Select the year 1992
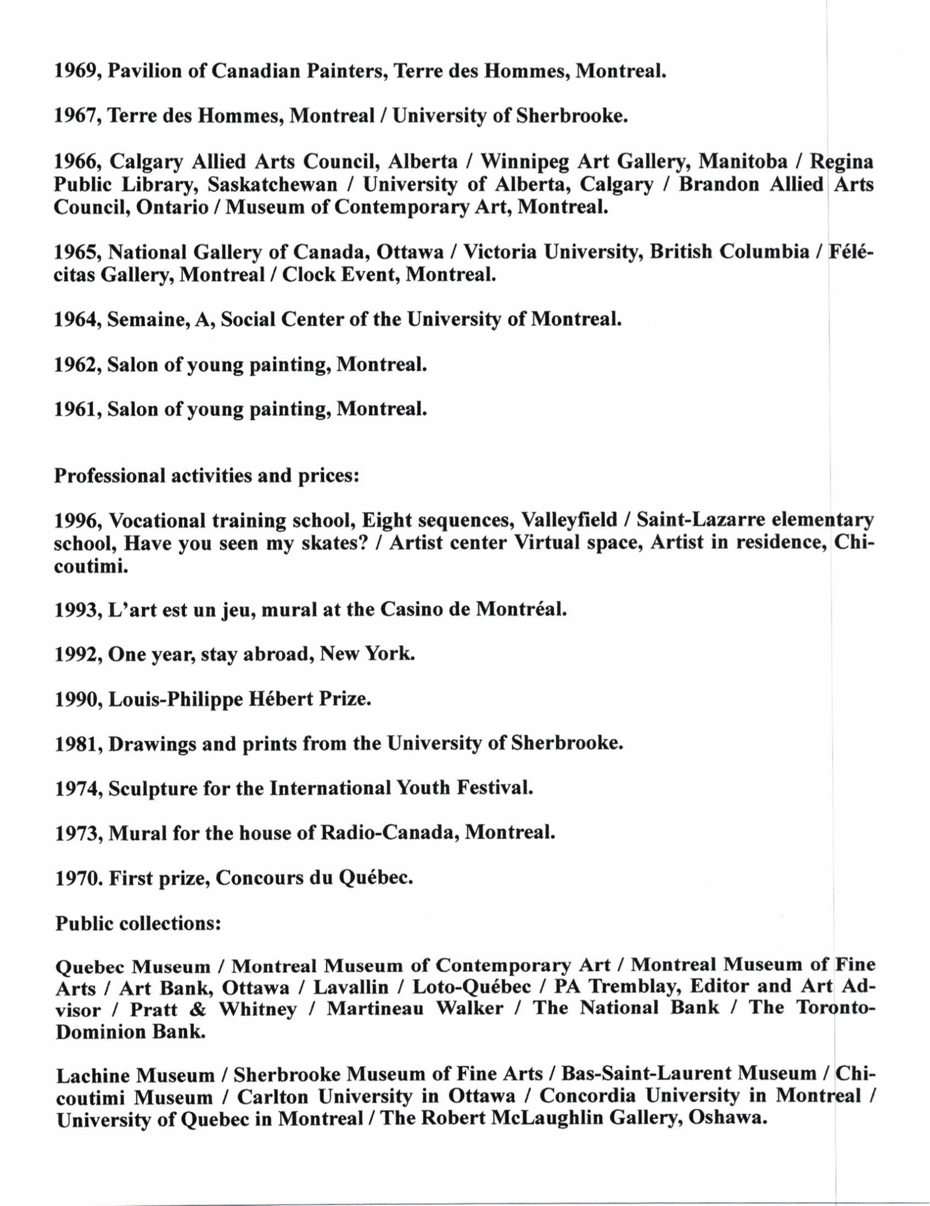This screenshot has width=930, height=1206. [x=77, y=654]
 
